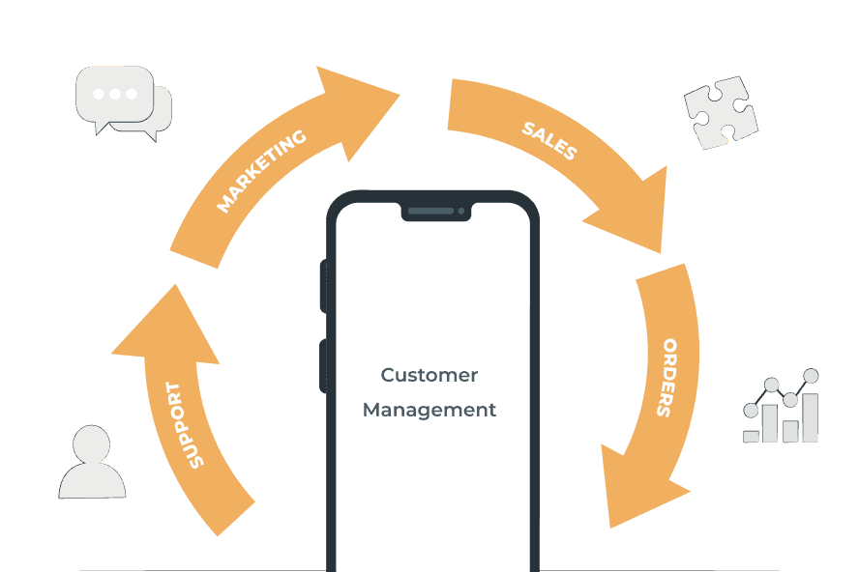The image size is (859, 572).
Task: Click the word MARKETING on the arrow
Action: [261, 170]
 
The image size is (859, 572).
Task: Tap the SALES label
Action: [548, 141]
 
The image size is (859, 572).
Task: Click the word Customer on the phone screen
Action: [429, 375]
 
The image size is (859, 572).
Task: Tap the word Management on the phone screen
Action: [429, 410]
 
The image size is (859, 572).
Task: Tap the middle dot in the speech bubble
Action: [115, 94]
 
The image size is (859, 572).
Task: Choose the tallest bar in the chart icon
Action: [810, 416]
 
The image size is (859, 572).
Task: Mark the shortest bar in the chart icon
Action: [752, 436]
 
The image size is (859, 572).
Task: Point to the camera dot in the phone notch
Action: [461, 211]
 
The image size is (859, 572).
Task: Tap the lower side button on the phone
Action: [323, 365]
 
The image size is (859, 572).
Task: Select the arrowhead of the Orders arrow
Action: [638, 488]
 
